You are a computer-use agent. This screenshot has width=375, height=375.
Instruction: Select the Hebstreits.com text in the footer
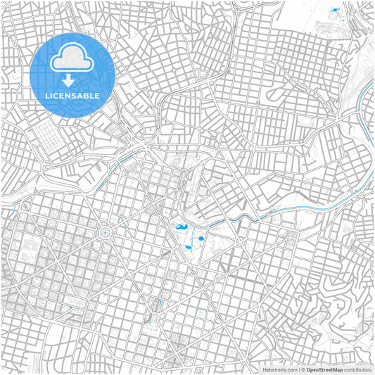tap(279, 369)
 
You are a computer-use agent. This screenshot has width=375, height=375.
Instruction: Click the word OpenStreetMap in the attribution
tap(324, 369)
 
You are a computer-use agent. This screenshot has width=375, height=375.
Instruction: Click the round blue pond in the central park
tap(201, 239)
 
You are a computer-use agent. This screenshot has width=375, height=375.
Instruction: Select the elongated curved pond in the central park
tap(180, 228)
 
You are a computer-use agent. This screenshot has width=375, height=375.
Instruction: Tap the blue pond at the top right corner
tap(333, 10)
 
